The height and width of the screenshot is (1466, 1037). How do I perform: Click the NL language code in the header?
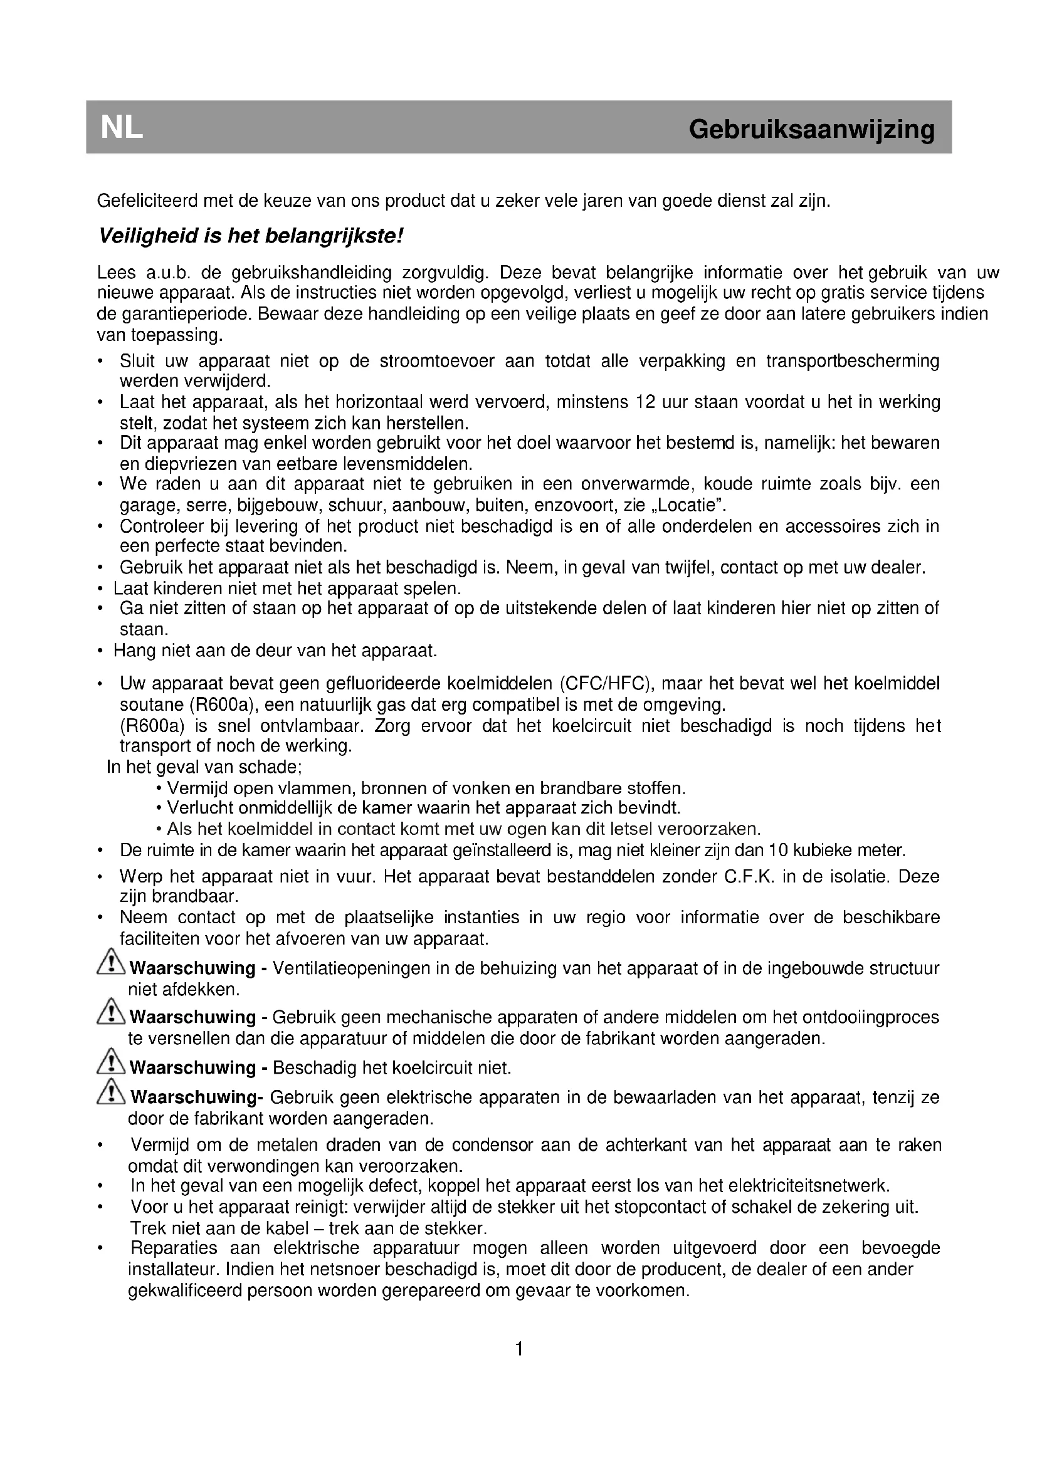[x=122, y=128]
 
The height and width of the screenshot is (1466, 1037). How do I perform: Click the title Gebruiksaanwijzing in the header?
[x=811, y=130]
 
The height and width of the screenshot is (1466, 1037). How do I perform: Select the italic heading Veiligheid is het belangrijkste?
[x=251, y=237]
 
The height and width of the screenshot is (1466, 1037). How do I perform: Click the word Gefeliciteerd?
[x=147, y=201]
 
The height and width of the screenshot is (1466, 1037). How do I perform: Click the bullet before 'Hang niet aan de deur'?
[x=100, y=651]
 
